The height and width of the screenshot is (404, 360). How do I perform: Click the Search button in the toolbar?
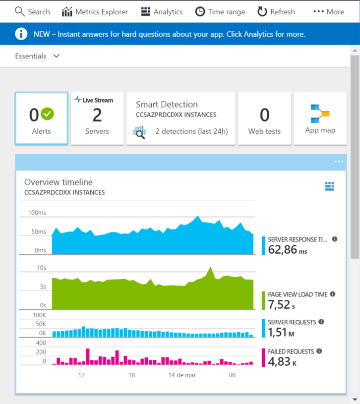point(32,11)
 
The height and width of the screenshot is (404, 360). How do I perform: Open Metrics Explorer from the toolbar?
point(95,11)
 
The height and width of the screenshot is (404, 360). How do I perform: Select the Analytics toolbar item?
point(162,11)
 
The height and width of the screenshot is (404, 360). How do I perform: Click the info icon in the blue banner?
point(21,34)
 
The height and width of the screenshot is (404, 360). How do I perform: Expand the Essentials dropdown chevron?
point(56,56)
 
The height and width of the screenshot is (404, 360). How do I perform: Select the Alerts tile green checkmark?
point(48,114)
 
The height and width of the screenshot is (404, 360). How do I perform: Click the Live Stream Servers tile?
point(97,118)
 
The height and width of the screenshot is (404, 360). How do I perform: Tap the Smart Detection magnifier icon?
point(139,132)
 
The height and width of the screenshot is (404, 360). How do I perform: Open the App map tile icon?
point(320,114)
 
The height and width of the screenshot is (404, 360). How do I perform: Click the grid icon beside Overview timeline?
point(330,186)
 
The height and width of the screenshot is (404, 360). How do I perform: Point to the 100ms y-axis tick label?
point(37,213)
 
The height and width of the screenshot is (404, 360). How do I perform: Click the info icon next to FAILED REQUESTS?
point(319,351)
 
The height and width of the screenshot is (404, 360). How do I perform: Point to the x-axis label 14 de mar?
point(182,375)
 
